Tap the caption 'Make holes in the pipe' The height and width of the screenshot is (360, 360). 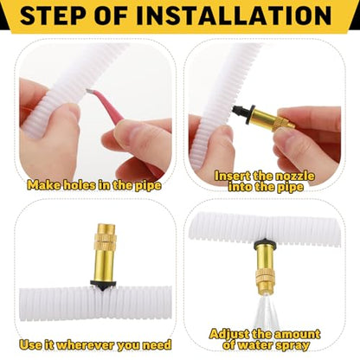click(x=94, y=185)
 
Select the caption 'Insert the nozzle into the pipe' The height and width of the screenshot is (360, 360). click(x=265, y=182)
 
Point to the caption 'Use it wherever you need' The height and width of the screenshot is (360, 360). click(x=95, y=344)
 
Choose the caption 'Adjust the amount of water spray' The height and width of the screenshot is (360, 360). click(x=265, y=339)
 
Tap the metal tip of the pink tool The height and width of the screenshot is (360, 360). click(x=89, y=91)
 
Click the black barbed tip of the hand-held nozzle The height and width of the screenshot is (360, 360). click(x=238, y=110)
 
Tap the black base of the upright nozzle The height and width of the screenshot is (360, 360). click(x=103, y=284)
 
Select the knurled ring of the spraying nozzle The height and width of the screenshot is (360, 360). click(x=265, y=277)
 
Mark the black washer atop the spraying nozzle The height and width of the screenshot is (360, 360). click(x=265, y=244)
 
